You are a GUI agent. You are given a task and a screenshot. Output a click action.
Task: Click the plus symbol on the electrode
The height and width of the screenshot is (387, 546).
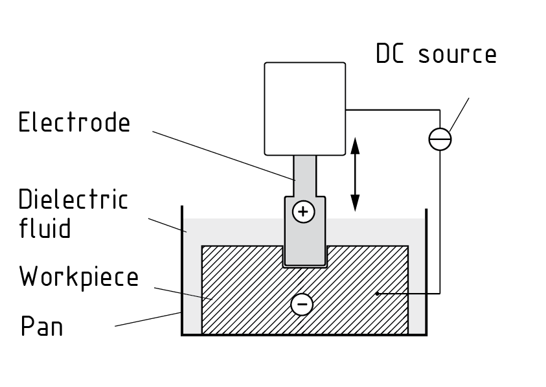304,212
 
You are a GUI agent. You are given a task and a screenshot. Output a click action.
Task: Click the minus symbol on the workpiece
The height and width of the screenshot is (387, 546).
302,304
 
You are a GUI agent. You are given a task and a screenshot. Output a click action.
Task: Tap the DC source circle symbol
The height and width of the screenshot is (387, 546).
440,139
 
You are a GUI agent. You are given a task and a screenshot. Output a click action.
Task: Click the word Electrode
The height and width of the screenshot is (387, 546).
74,123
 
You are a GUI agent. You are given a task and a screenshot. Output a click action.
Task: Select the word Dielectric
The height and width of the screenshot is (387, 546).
73,200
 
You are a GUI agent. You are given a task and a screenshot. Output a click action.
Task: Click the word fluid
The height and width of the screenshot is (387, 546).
45,228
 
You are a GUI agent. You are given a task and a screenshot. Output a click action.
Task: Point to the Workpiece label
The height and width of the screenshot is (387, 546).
79,277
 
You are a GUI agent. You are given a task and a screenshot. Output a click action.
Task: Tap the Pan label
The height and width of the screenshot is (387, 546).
42,326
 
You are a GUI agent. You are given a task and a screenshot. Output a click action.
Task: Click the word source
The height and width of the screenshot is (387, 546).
457,54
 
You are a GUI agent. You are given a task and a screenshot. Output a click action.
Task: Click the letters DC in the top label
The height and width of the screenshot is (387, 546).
390,54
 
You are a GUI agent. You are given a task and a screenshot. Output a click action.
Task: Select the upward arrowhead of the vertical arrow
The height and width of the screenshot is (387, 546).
355,146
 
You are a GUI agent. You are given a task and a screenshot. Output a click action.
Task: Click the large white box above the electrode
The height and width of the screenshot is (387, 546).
305,108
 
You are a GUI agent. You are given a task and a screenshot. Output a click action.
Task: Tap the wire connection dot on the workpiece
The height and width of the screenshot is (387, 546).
377,294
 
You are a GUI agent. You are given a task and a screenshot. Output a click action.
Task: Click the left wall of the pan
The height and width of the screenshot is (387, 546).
182,272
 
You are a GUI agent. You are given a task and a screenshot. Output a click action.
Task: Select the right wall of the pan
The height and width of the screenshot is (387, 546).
426,272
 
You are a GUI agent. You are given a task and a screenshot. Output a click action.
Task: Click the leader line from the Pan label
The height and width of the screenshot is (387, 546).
149,319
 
